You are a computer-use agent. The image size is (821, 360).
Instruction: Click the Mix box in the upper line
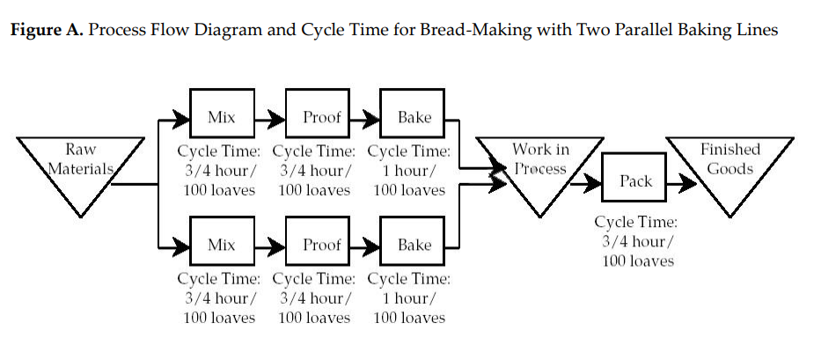(x=221, y=117)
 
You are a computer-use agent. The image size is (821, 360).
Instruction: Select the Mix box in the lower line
(x=221, y=245)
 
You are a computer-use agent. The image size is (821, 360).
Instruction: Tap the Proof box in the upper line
(x=319, y=117)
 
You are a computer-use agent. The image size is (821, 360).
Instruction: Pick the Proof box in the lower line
(x=319, y=245)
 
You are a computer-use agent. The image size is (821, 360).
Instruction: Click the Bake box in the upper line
(x=414, y=117)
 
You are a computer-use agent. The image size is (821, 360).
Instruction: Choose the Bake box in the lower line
(x=414, y=245)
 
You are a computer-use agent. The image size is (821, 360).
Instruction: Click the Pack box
(x=635, y=181)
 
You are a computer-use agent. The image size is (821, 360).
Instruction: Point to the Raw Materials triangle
(x=80, y=166)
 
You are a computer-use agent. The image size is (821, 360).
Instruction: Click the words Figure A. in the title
(x=45, y=31)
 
